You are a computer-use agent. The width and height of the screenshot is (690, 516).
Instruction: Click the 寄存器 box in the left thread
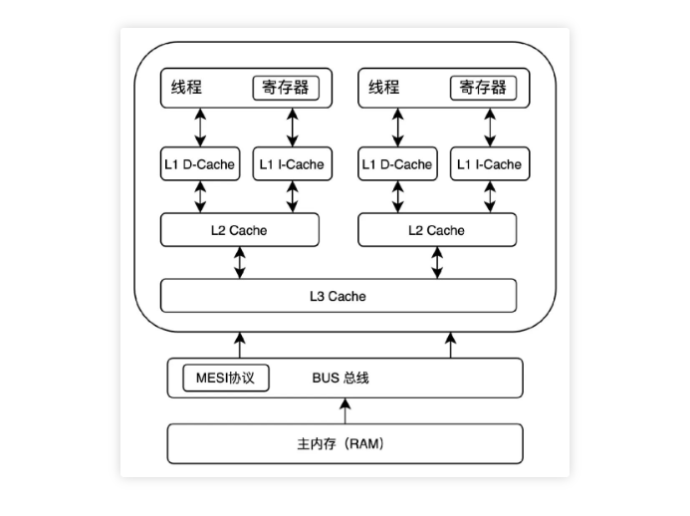286,88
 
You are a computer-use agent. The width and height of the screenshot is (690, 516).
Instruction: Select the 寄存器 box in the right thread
483,88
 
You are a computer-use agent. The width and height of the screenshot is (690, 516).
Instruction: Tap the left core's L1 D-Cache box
200,164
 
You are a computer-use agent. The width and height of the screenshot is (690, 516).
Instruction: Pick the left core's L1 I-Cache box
292,164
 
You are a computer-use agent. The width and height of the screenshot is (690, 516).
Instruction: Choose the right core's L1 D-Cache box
397,164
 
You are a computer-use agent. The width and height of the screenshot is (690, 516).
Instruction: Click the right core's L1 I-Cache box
488,164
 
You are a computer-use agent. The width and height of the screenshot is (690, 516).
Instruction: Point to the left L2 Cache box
239,230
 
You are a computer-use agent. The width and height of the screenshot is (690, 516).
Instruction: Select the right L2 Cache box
436,230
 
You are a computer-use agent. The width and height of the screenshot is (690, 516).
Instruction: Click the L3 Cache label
338,296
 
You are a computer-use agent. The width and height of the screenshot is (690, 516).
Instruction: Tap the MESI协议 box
226,379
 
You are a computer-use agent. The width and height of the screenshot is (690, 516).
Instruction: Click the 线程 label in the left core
186,88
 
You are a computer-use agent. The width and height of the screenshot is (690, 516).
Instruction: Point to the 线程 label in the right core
384,88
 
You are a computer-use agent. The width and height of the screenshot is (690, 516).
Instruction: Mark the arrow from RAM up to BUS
345,409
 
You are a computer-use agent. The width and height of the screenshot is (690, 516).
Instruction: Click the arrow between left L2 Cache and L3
239,263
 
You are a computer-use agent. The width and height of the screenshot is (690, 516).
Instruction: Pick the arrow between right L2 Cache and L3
437,263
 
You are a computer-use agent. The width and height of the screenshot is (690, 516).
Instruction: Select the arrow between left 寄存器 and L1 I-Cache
292,128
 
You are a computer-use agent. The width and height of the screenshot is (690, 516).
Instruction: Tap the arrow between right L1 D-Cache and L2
397,196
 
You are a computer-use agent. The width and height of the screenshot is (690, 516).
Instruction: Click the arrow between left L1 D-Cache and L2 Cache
200,196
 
